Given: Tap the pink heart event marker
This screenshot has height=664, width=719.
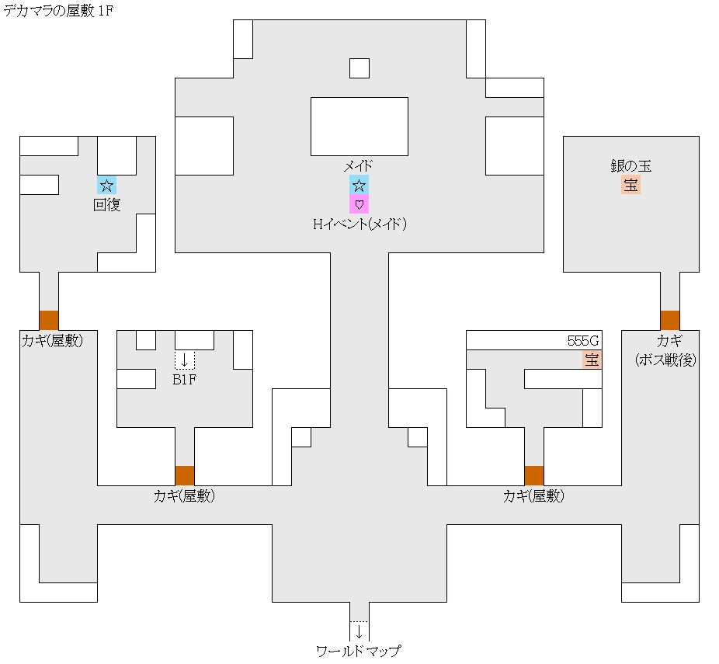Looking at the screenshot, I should point(359,204).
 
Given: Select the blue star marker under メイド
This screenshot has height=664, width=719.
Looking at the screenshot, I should point(359,185).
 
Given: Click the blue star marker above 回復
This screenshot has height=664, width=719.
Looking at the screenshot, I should point(106,185).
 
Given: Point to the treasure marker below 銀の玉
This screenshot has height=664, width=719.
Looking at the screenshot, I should point(630,185).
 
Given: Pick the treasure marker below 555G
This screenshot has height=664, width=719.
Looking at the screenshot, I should point(592,360).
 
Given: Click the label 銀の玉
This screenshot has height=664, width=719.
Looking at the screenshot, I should point(630,166).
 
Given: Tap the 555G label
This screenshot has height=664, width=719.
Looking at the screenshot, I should point(585,341).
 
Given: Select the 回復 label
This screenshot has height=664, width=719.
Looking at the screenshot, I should point(106,205).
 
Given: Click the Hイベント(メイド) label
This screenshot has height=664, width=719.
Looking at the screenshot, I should point(359,224).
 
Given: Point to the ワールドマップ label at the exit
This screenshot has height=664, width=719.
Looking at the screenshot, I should point(359,651).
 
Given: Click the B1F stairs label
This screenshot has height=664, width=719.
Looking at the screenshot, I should point(184,380).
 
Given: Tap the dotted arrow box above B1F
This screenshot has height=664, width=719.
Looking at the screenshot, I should point(184,360).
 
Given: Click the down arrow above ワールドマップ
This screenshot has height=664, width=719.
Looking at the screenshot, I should point(359,631).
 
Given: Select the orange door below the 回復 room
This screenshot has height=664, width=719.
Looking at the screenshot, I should point(48,320).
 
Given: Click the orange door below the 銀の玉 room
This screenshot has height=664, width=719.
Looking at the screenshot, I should point(669,320).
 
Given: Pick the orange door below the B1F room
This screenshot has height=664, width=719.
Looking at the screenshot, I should point(184,475).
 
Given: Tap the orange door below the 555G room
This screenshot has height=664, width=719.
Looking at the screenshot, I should point(533,475).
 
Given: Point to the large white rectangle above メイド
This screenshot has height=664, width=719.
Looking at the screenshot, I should point(359,126).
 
